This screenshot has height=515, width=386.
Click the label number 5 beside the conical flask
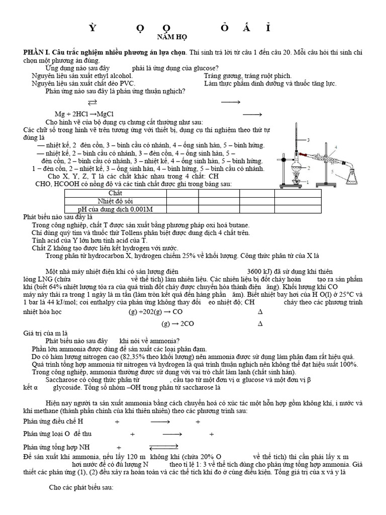pos(332,171)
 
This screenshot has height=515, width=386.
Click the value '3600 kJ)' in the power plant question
pos(261,272)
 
